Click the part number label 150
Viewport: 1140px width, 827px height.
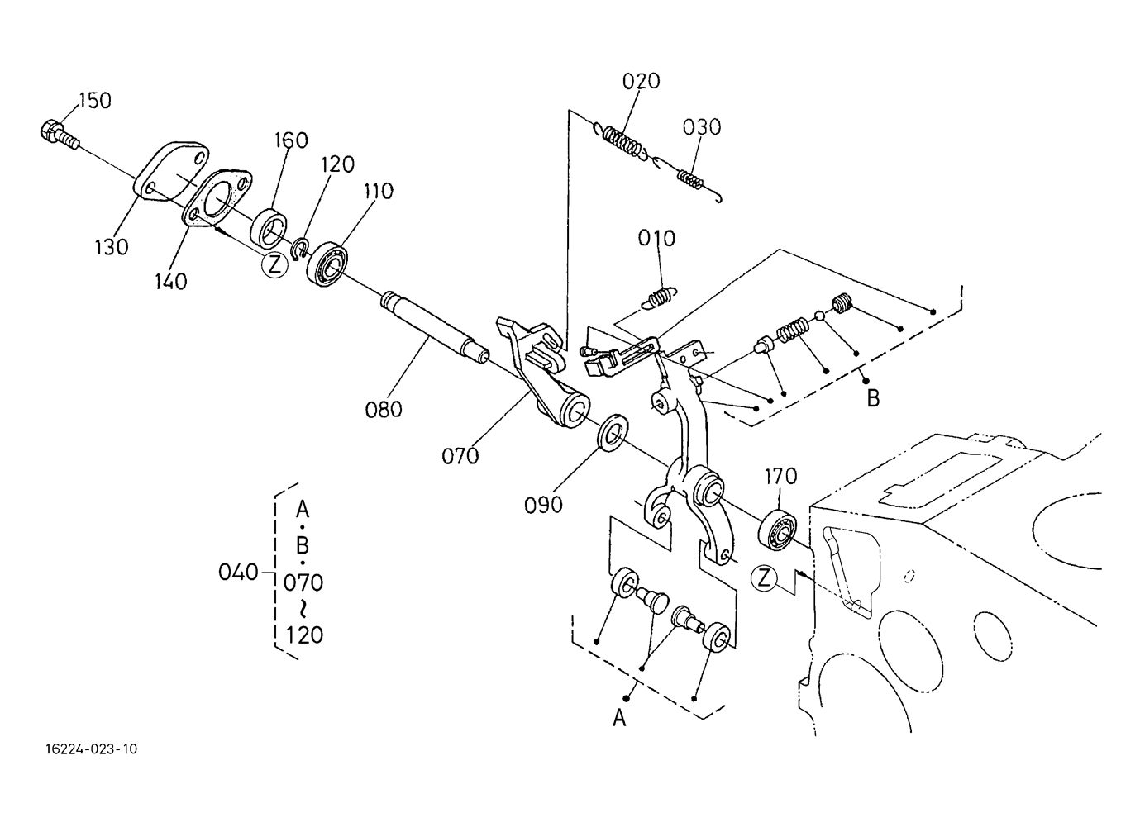coord(95,101)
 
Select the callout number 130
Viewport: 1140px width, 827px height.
coord(112,247)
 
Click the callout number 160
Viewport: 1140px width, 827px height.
coord(291,140)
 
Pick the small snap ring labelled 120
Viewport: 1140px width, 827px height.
coord(300,248)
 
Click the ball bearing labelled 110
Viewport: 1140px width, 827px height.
coord(327,264)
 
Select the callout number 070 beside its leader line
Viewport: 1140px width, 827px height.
coord(460,456)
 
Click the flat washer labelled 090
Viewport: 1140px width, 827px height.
coord(613,432)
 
